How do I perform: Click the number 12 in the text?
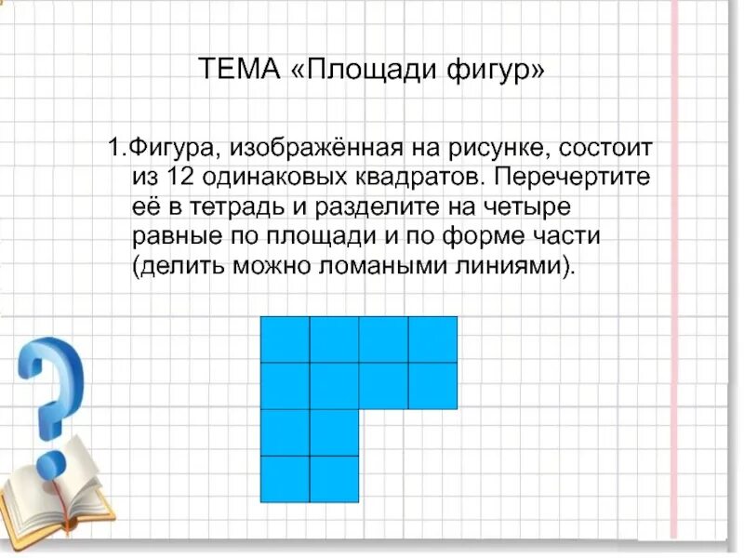(x=180, y=176)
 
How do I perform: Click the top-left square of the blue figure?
(x=285, y=339)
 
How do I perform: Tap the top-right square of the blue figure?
(x=432, y=339)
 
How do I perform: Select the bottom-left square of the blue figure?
(x=285, y=479)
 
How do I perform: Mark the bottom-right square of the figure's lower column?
(x=334, y=479)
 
